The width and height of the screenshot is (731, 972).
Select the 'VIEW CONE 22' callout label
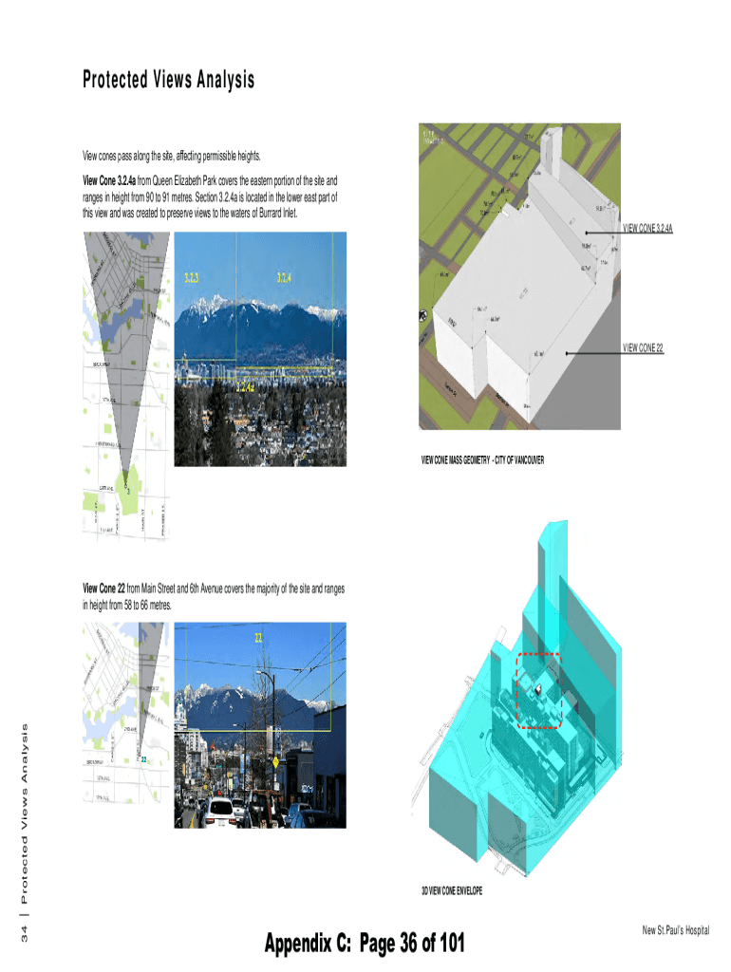pos(643,349)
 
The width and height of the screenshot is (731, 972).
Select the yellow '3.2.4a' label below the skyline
pos(244,387)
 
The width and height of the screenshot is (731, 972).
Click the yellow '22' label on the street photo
pos(257,636)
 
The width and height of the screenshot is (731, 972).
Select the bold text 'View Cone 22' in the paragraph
pos(104,589)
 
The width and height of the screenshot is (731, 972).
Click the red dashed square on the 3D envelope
pos(538,691)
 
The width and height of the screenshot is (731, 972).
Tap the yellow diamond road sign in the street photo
pos(274,763)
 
